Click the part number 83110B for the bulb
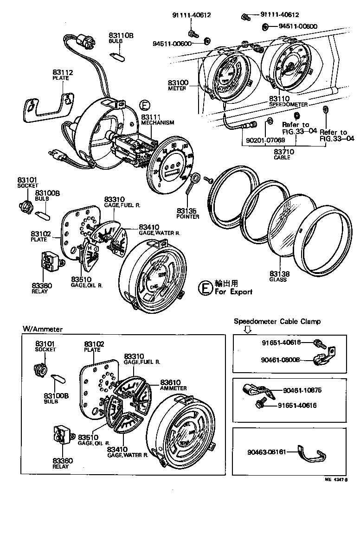pos(121,35)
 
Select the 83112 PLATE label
pos(63,75)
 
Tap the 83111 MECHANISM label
pos(157,120)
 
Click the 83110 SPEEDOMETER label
pos(288,102)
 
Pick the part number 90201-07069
pos(259,140)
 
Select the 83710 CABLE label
pos(282,154)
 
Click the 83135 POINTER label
pos(187,213)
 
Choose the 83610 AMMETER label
pos(173,385)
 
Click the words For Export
pos(233,292)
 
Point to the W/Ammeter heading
pos(43,329)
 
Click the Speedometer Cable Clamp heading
pos(277,321)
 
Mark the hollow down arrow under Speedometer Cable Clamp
pos(247,330)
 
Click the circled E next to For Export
pos(204,288)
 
